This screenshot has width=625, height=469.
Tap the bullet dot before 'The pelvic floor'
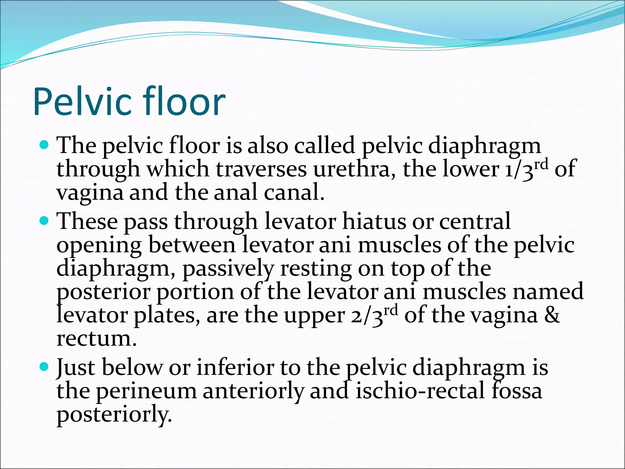pyautogui.click(x=45, y=145)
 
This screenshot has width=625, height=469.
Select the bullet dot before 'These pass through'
pyautogui.click(x=45, y=220)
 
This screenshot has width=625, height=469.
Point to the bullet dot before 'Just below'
pyautogui.click(x=45, y=366)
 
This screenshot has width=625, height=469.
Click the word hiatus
pyautogui.click(x=374, y=221)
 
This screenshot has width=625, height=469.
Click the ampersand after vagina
pyautogui.click(x=552, y=315)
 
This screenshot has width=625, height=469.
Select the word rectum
pyautogui.click(x=96, y=339)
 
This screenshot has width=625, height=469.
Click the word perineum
pyautogui.click(x=146, y=392)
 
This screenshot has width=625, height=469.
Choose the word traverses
pyautogui.click(x=261, y=170)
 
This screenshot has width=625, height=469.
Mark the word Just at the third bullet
pyautogui.click(x=76, y=368)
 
